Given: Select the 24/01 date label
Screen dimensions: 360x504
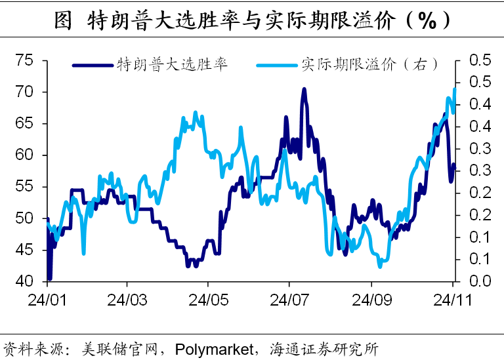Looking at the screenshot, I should pos(47,301).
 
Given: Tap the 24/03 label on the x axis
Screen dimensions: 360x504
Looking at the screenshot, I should pos(127,301).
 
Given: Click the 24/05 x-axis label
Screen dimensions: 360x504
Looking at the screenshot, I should pos(208,301).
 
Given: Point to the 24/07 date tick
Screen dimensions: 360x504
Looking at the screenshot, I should pos(289,301).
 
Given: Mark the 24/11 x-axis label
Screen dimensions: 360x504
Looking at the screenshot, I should pos(452,301).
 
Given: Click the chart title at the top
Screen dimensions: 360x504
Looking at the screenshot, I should pos(252,19).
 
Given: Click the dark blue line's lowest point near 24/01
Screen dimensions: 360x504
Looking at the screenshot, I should pos(50,279).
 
